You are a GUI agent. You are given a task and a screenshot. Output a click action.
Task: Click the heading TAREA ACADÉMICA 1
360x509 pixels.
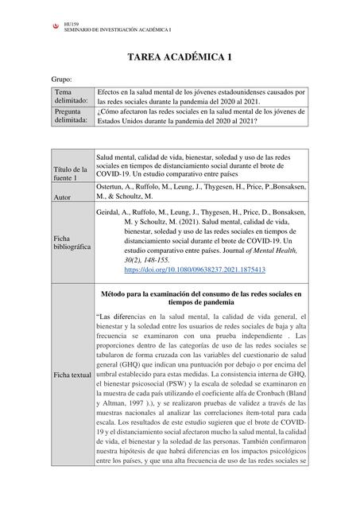[x=180, y=58]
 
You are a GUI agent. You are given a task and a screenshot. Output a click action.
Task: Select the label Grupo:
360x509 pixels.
[x=61, y=80]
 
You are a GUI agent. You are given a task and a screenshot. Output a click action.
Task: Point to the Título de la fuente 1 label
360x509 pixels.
[x=70, y=174]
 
